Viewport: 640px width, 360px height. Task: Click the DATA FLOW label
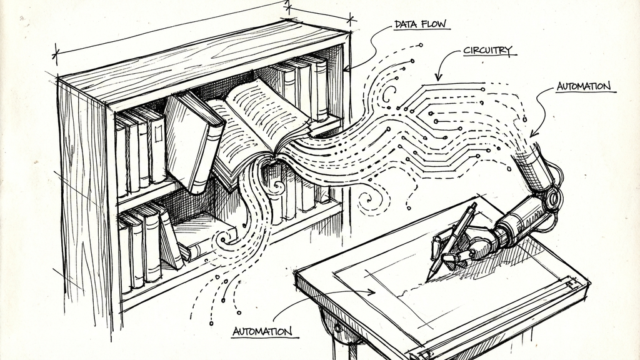(x=421, y=25)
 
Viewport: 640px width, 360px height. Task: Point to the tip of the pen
(x=429, y=279)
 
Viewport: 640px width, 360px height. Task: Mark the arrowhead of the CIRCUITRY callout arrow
(x=438, y=78)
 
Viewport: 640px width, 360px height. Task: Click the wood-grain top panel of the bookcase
(x=200, y=60)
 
